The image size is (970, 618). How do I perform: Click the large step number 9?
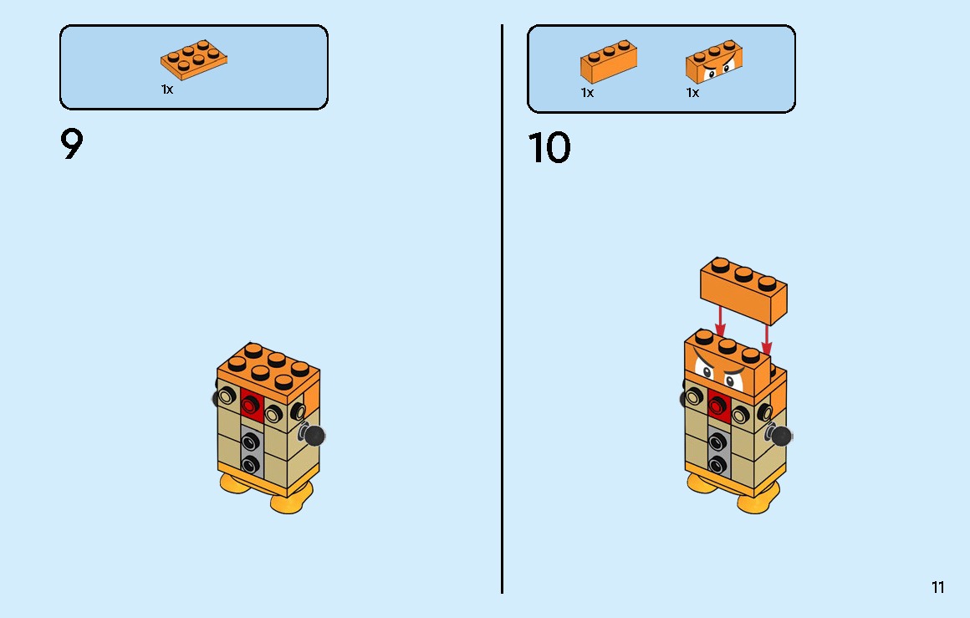(72, 146)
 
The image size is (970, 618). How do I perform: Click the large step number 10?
(549, 149)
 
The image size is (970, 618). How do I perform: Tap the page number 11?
(937, 587)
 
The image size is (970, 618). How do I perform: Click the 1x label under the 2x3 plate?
(167, 89)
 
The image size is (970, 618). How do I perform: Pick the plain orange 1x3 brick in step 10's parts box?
(609, 62)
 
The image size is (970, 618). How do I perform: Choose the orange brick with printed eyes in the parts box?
(714, 63)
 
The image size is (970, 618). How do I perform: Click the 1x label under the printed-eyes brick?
(692, 93)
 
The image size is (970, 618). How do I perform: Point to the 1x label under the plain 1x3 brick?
(587, 93)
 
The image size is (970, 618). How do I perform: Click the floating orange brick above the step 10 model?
(743, 290)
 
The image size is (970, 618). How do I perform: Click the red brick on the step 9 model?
(250, 404)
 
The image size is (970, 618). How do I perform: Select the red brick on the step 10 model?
(717, 404)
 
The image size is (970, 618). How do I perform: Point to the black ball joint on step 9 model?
(314, 435)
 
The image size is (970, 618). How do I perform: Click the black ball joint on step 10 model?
(781, 435)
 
